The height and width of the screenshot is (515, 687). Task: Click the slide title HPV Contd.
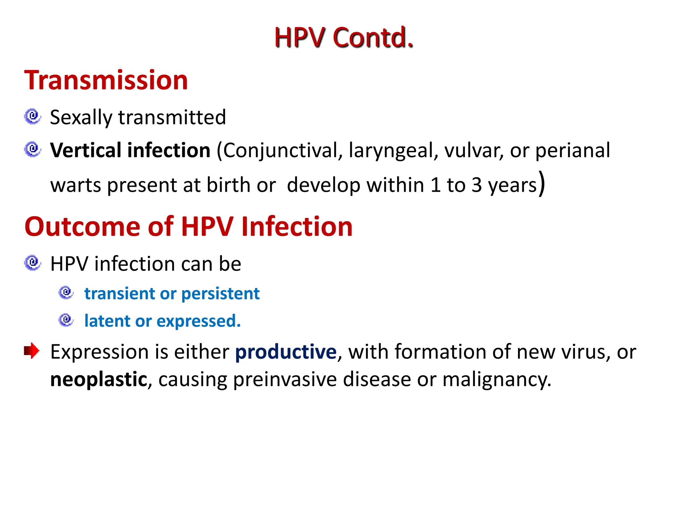343,38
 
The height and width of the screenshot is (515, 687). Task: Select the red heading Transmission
106,80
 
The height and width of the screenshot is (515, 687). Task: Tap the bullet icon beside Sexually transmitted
33,116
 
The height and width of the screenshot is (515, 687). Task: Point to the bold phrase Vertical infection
130,150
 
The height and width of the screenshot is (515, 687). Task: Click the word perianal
572,151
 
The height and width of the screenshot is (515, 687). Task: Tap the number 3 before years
477,185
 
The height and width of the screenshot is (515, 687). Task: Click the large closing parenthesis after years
541,183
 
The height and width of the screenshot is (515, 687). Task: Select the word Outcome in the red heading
82,227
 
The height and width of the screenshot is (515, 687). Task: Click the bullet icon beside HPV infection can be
33,263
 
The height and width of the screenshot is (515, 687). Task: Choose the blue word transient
119,294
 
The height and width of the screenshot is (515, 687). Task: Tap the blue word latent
107,321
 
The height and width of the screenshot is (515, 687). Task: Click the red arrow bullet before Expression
32,351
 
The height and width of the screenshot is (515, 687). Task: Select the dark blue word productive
285,352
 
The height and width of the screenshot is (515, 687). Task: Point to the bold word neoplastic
99,380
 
